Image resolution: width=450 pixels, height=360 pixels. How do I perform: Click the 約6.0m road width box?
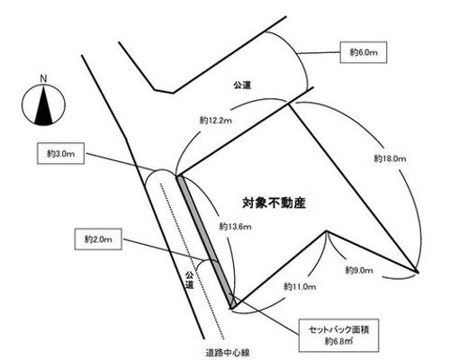point(363,52)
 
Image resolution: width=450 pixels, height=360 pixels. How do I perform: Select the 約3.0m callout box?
point(60,154)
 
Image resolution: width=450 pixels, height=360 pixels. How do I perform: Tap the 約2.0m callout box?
point(98,239)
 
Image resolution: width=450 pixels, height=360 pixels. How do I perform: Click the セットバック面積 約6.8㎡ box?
point(338,336)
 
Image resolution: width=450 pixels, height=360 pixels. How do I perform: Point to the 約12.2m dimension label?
point(216,121)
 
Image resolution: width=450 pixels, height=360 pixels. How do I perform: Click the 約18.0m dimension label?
point(390,158)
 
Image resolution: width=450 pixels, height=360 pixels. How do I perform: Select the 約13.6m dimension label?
point(235,227)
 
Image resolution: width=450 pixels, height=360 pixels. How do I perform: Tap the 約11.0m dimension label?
point(300,287)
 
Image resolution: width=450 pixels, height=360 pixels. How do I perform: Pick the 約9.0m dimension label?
point(359,270)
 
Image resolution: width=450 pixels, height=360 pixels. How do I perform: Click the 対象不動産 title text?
point(274,203)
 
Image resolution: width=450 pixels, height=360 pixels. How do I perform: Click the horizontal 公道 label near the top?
point(242,85)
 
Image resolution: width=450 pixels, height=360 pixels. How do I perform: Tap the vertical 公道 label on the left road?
point(189,280)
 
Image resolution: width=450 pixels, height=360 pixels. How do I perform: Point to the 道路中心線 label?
point(228,353)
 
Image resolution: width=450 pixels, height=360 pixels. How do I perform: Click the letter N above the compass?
point(44,79)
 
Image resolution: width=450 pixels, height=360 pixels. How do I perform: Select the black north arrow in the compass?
point(44,105)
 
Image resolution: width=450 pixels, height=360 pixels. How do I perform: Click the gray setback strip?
point(206,242)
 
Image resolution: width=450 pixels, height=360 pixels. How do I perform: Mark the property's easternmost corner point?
point(418,272)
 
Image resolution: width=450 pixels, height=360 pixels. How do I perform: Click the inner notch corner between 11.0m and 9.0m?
point(327,231)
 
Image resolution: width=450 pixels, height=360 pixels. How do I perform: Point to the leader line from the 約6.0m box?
point(319,53)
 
